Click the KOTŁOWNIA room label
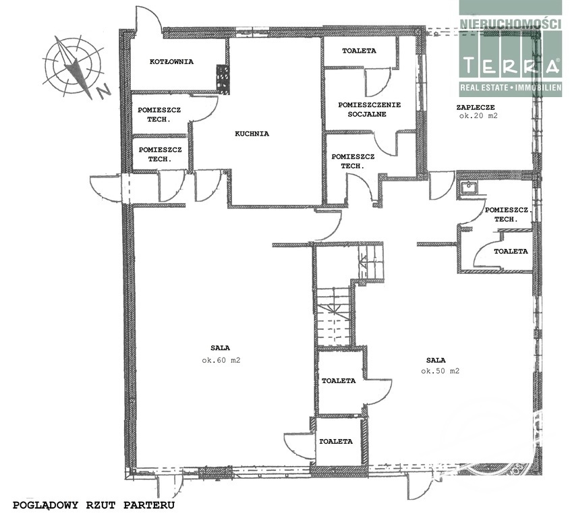click(171, 62)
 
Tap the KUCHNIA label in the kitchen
click(252, 134)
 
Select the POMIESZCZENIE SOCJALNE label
click(370, 109)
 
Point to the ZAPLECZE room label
click(476, 107)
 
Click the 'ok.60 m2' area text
click(221, 361)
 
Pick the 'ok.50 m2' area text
click(440, 371)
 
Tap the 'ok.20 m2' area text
click(478, 116)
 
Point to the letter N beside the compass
click(105, 91)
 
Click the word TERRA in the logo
click(511, 66)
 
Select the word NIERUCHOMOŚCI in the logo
click(511, 24)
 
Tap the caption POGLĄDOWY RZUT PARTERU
click(94, 505)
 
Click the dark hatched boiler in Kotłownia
click(223, 80)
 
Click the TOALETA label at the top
click(359, 51)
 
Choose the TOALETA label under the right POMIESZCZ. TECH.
click(511, 251)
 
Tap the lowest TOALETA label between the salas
click(336, 441)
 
